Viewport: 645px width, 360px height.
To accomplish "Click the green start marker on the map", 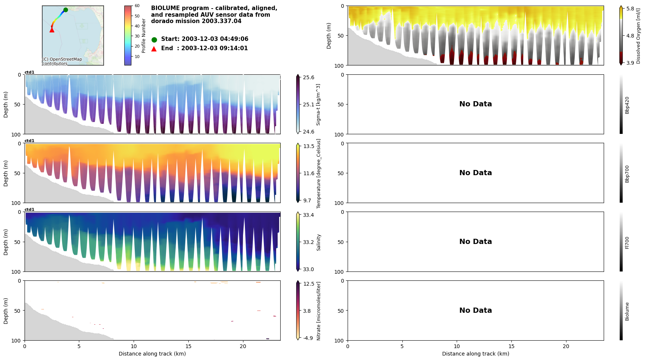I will (66, 10).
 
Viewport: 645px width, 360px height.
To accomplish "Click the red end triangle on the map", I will (52, 30).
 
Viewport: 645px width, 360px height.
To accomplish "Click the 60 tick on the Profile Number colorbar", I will (137, 6).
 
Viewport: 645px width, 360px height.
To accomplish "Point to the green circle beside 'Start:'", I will (154, 39).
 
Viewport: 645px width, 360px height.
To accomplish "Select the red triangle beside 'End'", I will (154, 49).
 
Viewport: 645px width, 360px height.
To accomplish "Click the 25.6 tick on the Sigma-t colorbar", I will (308, 77).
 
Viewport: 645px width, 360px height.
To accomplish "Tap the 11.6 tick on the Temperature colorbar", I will (308, 173).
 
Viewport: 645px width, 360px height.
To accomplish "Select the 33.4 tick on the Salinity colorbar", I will (308, 215).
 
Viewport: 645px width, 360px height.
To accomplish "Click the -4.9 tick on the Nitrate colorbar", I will (308, 338).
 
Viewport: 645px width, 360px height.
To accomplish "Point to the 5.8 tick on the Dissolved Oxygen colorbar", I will (630, 9).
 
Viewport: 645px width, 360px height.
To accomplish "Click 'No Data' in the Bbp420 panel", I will (475, 104).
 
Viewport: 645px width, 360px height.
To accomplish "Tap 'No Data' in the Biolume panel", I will (475, 311).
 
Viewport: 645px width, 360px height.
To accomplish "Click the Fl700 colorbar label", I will (627, 242).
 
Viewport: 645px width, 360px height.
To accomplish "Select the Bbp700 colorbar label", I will (627, 174).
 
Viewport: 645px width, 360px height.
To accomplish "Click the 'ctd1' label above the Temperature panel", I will (29, 141).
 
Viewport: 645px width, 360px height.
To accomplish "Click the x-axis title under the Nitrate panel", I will (152, 354).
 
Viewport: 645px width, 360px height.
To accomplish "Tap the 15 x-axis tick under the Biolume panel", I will (511, 346).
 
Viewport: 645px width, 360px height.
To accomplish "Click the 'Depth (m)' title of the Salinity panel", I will (6, 242).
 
